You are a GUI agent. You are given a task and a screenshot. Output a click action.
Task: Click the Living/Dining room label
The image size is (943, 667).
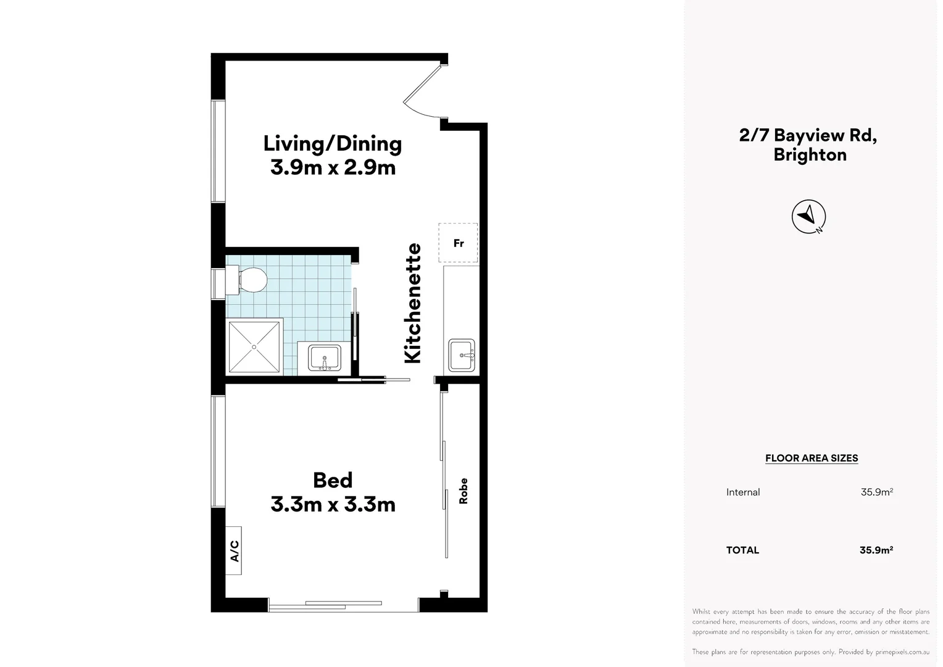[332, 143]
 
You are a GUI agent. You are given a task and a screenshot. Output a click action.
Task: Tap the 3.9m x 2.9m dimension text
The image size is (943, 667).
[333, 167]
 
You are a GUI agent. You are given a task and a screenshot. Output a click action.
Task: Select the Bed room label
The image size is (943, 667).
[333, 480]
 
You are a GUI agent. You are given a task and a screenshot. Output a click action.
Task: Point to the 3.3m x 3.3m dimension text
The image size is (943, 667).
[333, 505]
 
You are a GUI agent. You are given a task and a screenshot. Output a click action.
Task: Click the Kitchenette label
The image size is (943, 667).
[412, 303]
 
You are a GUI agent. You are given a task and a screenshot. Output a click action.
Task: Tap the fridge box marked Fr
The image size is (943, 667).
[458, 243]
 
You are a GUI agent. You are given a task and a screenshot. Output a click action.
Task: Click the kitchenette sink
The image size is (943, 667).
[462, 355]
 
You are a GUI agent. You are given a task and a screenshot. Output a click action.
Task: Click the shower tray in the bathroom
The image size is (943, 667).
[255, 346]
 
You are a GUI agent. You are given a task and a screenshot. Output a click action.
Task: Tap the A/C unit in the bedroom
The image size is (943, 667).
[234, 550]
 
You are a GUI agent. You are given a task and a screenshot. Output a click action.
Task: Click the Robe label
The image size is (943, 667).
[463, 491]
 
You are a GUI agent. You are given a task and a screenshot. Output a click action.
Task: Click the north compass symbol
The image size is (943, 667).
[808, 216]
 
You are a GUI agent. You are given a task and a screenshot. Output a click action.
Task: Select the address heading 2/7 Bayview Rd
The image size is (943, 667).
[808, 135]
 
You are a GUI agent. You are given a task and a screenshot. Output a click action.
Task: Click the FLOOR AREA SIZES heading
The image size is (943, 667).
[812, 458]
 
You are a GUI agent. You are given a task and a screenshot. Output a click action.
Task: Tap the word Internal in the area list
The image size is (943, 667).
[743, 492]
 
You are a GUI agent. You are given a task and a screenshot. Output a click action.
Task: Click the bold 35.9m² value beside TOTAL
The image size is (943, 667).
[876, 550]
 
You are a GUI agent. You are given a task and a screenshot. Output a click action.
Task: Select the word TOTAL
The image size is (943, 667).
[742, 550]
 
